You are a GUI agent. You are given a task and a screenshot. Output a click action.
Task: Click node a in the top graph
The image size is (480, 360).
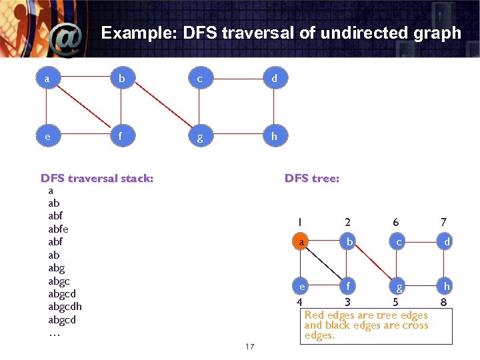[x=46, y=79]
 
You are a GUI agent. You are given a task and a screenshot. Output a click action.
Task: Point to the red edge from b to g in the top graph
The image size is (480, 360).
[x=160, y=107]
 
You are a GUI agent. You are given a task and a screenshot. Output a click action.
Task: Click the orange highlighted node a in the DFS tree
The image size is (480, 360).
[x=302, y=243]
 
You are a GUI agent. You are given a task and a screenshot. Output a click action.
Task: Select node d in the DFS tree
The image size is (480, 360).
[x=447, y=243]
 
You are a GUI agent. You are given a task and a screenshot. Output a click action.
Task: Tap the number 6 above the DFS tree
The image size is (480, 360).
[x=395, y=222]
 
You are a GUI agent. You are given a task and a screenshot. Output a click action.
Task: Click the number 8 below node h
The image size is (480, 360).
[x=444, y=302]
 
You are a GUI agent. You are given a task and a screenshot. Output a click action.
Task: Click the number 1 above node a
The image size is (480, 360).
[x=299, y=222]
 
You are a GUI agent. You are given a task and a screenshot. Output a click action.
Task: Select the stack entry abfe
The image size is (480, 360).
[x=58, y=229]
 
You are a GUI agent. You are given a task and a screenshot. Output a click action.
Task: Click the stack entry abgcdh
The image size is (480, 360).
[x=65, y=307]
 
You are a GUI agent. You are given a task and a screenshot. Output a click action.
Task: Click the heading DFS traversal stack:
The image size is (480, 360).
[x=97, y=178]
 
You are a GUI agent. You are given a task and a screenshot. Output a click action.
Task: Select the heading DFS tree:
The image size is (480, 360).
[x=311, y=178]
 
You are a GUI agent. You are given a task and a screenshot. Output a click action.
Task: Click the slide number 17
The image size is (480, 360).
[x=250, y=347]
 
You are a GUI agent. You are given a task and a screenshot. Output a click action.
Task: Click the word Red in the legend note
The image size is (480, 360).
[x=315, y=315]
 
